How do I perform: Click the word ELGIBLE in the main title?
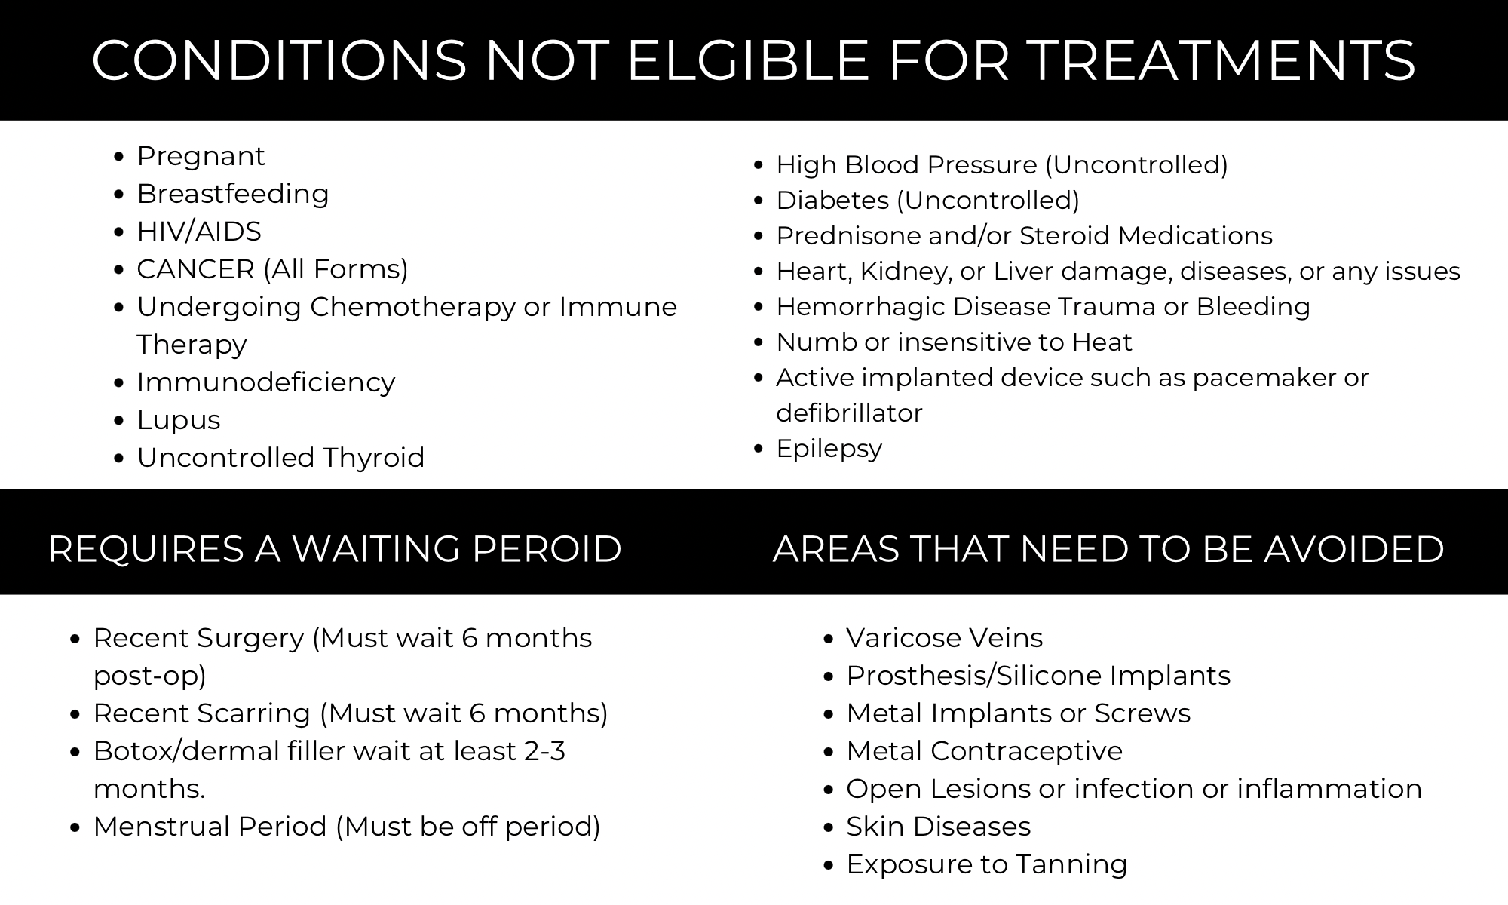[x=749, y=60]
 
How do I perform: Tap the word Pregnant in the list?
[x=201, y=157]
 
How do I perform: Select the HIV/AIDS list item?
[x=199, y=232]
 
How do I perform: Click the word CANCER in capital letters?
[x=195, y=269]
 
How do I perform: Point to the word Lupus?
[x=179, y=421]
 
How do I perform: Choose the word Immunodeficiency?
[x=266, y=383]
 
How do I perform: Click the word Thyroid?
[x=374, y=458]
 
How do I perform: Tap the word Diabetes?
[x=832, y=201]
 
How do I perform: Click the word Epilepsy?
[x=829, y=449]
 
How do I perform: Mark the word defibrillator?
[x=849, y=413]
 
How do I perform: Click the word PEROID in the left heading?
[x=547, y=549]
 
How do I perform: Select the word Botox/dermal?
[x=185, y=751]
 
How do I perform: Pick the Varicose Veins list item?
[x=945, y=638]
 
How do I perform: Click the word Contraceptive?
[x=1026, y=752]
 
